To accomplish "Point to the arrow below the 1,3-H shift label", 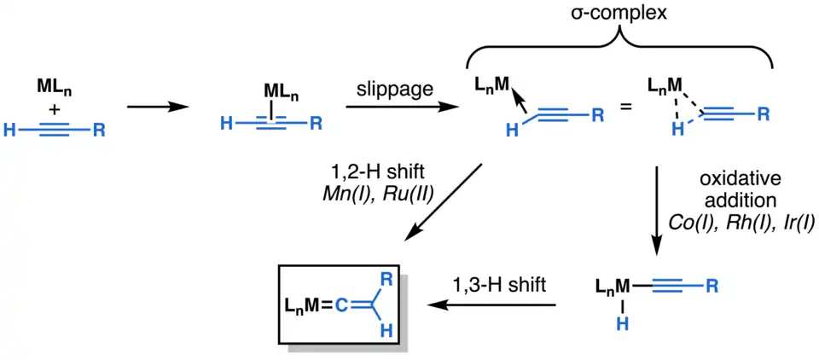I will tap(495, 305).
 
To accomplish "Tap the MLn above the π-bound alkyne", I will tap(276, 88).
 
